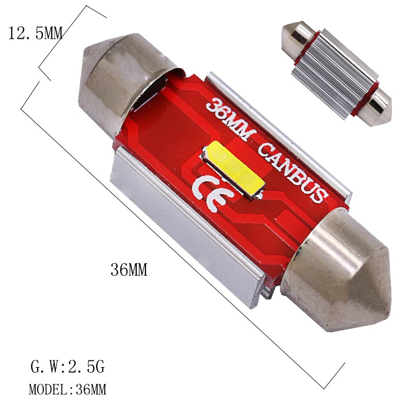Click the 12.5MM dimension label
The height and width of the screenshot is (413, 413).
[x=35, y=34]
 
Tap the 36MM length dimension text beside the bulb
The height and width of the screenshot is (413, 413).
[x=129, y=270]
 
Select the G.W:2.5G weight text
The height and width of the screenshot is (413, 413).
[x=68, y=368]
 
